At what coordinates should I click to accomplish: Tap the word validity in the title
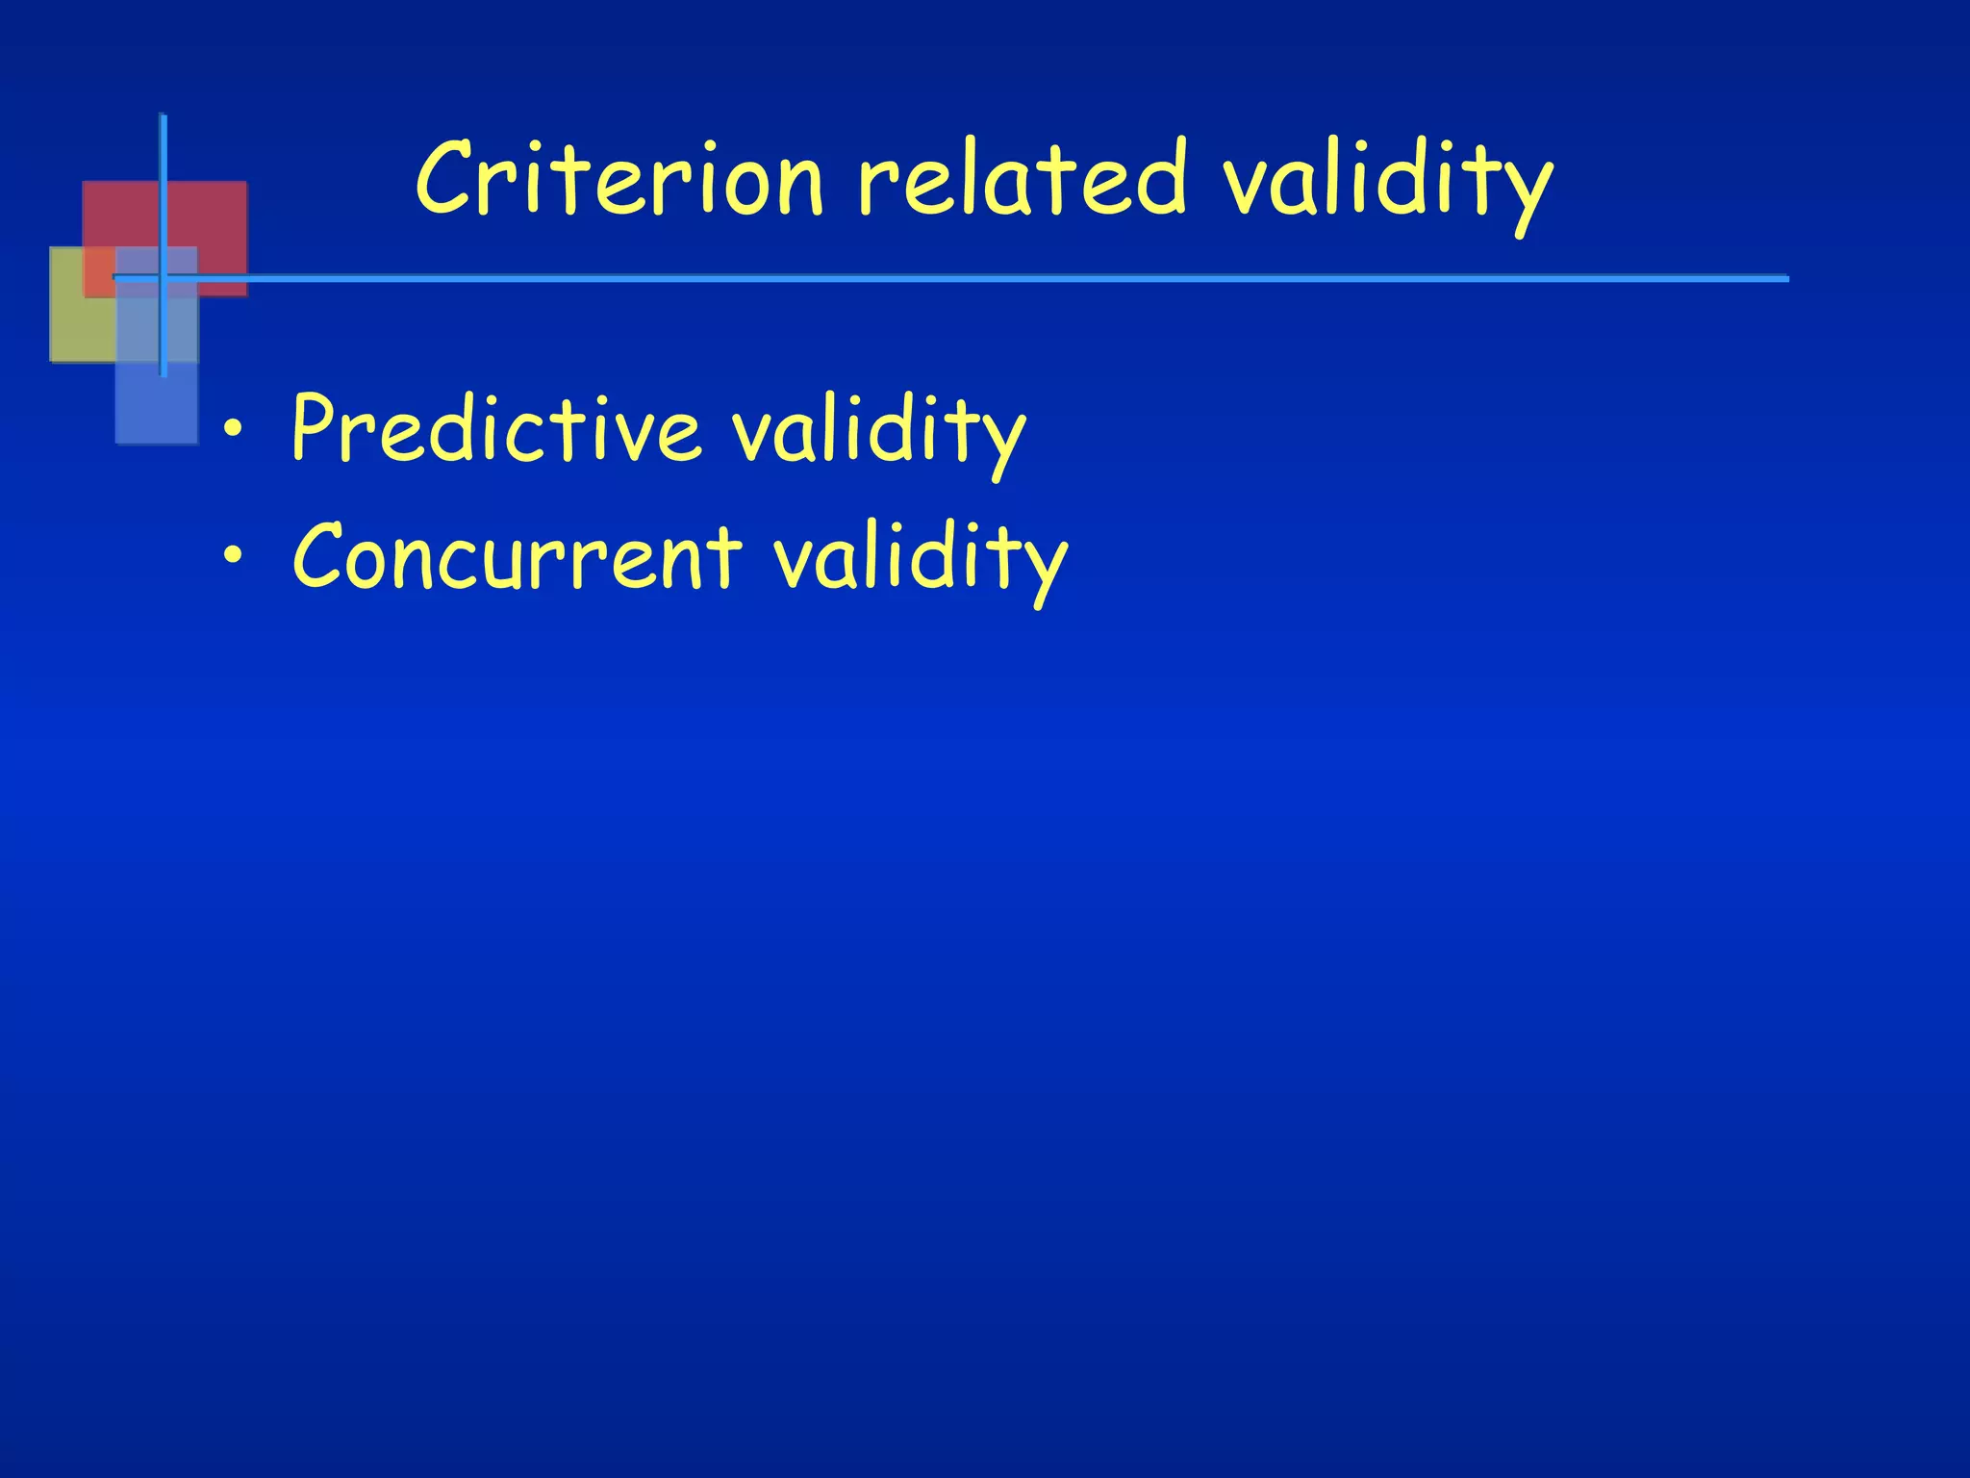tap(1386, 183)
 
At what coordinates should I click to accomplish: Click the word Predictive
tap(495, 428)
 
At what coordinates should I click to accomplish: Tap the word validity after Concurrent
tap(920, 560)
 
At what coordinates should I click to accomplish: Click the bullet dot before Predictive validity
tap(231, 430)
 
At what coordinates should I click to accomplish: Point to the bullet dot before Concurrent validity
tap(231, 557)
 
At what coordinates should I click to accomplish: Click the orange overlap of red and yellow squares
tap(99, 271)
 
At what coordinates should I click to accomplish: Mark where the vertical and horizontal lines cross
tap(163, 278)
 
